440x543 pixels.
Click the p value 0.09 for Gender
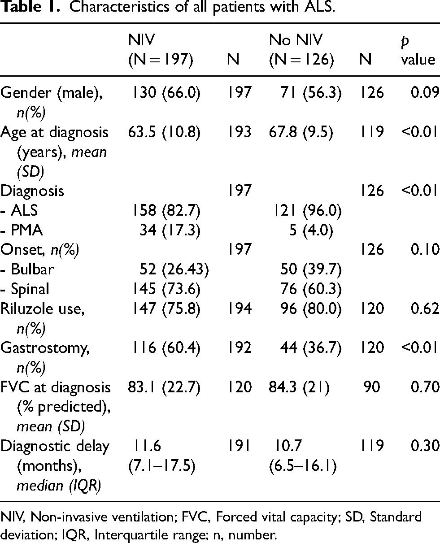[425, 92]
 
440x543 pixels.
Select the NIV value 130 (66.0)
[166, 92]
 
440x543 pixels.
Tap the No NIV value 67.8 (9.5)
[301, 132]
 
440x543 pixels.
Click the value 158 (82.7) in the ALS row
[166, 211]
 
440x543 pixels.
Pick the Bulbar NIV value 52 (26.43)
[174, 269]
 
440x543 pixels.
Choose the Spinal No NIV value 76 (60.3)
[311, 289]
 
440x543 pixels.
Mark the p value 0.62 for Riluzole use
[425, 308]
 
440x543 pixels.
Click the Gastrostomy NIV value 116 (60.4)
[166, 348]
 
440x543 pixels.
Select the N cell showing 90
[372, 387]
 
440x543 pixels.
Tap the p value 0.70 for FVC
[425, 387]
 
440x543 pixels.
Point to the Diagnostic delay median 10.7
[288, 446]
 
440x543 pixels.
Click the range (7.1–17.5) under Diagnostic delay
[161, 466]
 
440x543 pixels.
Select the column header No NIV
[296, 40]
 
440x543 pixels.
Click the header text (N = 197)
[161, 60]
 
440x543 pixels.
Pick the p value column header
[418, 50]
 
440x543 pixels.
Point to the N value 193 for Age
[239, 132]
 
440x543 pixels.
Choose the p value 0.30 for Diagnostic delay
[425, 446]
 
